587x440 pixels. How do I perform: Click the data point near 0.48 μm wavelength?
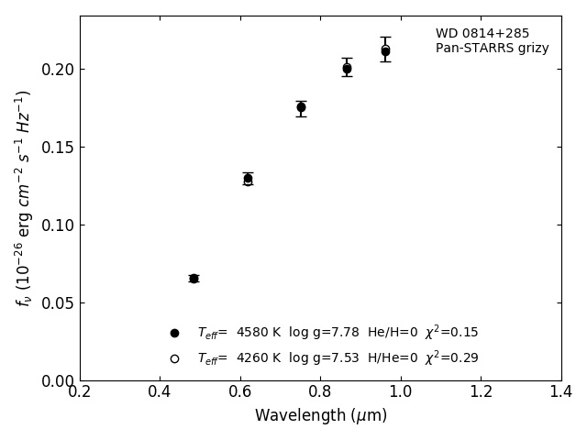(194, 278)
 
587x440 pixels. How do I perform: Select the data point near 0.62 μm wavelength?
(248, 179)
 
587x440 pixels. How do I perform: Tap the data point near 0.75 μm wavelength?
(301, 107)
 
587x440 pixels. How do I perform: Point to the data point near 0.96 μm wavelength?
(385, 50)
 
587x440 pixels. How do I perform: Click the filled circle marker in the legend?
(174, 333)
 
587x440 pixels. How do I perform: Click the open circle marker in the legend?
(174, 358)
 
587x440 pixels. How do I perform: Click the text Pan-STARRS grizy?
(492, 49)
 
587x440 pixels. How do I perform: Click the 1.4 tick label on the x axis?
(561, 392)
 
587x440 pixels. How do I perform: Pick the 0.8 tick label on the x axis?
(320, 392)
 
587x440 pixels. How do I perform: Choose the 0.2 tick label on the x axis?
(80, 392)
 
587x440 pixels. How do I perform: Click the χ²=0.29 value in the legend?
(451, 358)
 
